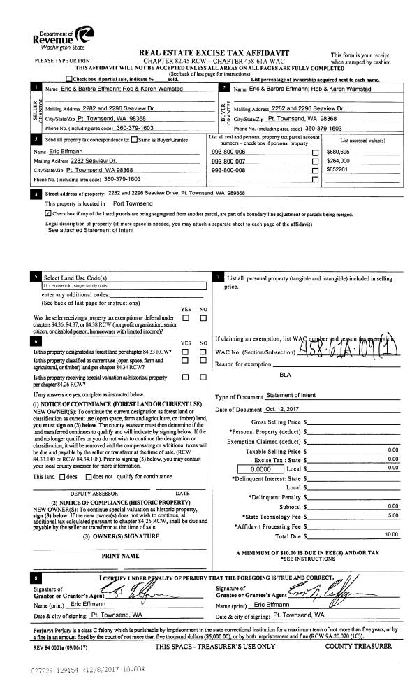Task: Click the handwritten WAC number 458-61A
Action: (348, 348)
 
